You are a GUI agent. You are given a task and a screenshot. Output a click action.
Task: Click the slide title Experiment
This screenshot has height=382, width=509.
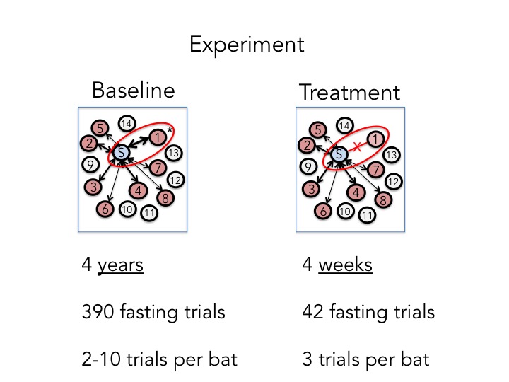[247, 45]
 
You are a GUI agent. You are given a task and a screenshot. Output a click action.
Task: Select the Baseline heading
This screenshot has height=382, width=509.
[133, 91]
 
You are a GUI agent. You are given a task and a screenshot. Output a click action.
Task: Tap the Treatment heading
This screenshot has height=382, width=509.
[349, 92]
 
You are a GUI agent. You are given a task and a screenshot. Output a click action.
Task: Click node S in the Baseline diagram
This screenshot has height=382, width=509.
[121, 152]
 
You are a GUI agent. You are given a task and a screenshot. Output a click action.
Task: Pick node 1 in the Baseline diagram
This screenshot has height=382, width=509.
[158, 137]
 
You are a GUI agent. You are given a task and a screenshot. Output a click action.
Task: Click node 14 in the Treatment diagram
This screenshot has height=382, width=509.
[344, 126]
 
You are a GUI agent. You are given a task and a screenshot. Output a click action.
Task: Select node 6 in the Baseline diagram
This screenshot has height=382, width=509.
[105, 209]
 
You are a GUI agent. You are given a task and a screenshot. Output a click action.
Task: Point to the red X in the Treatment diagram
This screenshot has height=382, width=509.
[358, 146]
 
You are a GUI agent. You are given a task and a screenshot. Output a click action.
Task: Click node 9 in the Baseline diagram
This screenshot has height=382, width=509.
[90, 166]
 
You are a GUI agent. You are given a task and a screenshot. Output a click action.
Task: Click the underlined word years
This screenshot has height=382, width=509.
[120, 265]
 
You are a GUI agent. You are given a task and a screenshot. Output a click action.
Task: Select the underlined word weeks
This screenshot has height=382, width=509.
[346, 265]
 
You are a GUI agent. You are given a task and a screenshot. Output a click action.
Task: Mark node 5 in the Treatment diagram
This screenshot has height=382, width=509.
[319, 129]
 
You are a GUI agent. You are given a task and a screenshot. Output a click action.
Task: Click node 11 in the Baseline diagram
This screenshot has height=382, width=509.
[149, 213]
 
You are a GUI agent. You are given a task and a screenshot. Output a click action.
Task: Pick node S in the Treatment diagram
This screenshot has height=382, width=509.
[339, 153]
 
